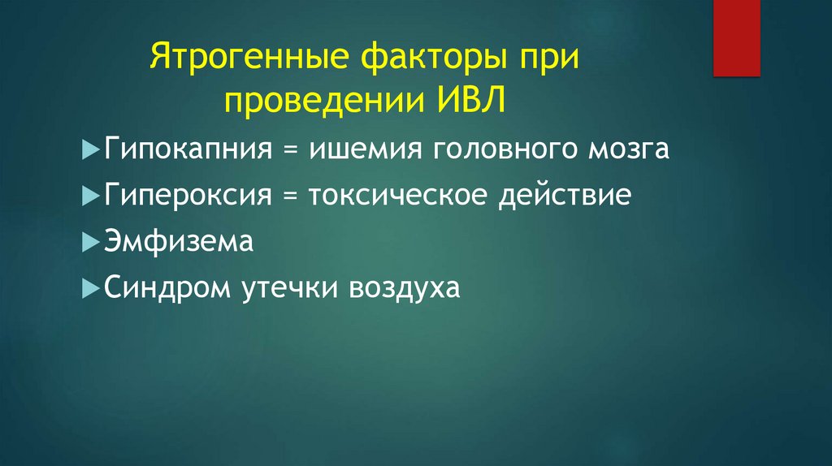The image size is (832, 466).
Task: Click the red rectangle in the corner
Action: tap(736, 37)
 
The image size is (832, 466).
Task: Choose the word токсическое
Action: tap(378, 196)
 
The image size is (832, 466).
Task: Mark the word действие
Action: tap(561, 196)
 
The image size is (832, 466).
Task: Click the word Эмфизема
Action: tap(179, 241)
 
